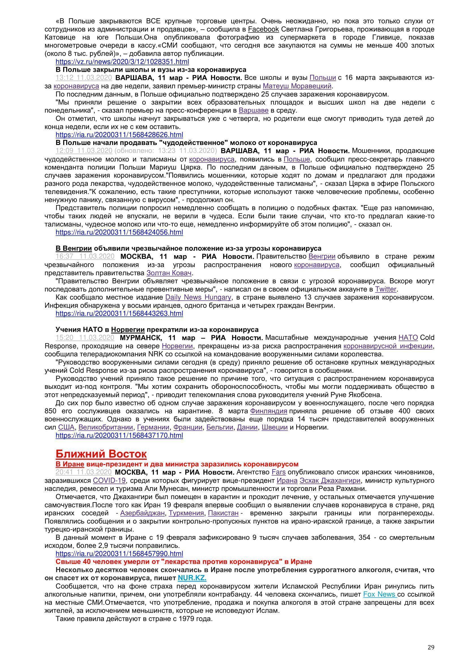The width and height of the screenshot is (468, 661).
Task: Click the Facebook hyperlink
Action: click(263, 29)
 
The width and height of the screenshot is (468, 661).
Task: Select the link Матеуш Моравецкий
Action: click(297, 86)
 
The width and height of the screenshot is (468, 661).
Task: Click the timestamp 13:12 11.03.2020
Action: click(83, 78)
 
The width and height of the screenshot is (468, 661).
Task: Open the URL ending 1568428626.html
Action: click(119, 135)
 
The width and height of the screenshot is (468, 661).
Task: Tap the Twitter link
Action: click(386, 289)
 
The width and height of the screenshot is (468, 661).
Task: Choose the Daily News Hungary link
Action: click(198, 297)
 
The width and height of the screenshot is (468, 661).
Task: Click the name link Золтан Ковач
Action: click(169, 273)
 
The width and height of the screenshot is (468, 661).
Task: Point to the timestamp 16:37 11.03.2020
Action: click(85, 256)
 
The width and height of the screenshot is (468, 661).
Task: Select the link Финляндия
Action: click(269, 411)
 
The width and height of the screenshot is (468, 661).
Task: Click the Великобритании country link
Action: click(106, 427)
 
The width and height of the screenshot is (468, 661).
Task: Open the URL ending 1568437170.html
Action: click(119, 435)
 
